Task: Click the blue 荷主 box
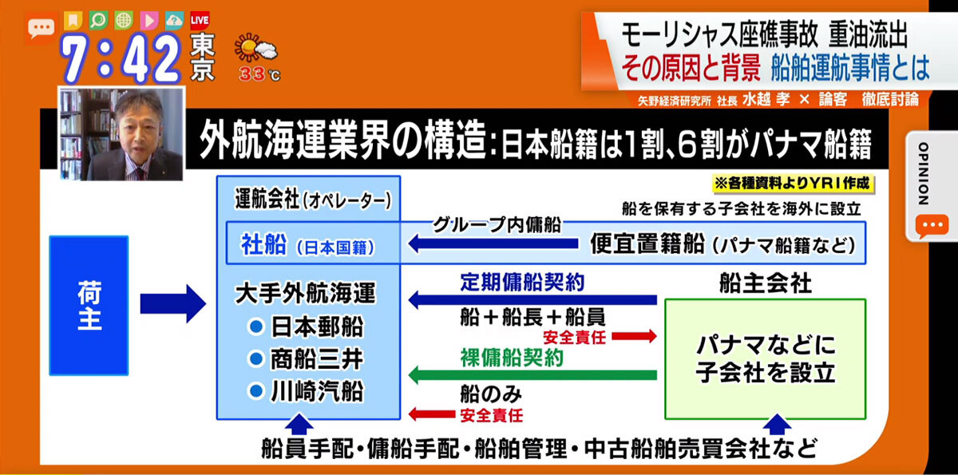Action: click(89, 305)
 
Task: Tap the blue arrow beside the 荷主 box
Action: click(172, 303)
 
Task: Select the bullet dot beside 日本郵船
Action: click(255, 327)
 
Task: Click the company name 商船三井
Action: click(317, 359)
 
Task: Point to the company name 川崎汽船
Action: click(317, 391)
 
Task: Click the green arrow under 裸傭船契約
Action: click(532, 375)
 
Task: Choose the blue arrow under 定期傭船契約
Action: click(532, 299)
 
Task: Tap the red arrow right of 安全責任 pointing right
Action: click(634, 336)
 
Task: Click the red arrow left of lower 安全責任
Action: click(432, 414)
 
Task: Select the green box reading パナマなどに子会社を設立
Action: click(765, 359)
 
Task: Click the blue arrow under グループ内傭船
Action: click(493, 243)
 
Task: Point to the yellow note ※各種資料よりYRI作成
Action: click(793, 184)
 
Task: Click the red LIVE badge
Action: click(200, 20)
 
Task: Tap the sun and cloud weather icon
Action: click(255, 49)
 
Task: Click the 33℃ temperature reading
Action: click(259, 74)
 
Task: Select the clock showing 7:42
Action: click(121, 57)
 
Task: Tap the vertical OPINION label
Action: click(923, 172)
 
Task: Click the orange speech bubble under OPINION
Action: click(932, 225)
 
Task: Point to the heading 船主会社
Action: click(765, 283)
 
